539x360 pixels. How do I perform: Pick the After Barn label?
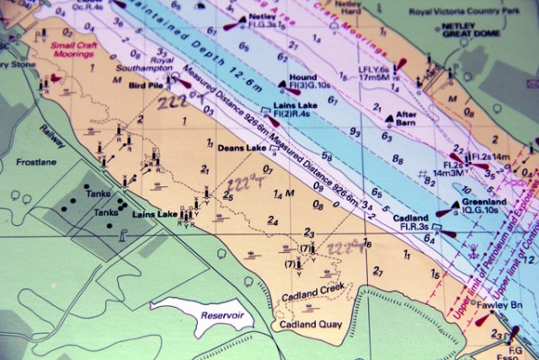407,115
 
